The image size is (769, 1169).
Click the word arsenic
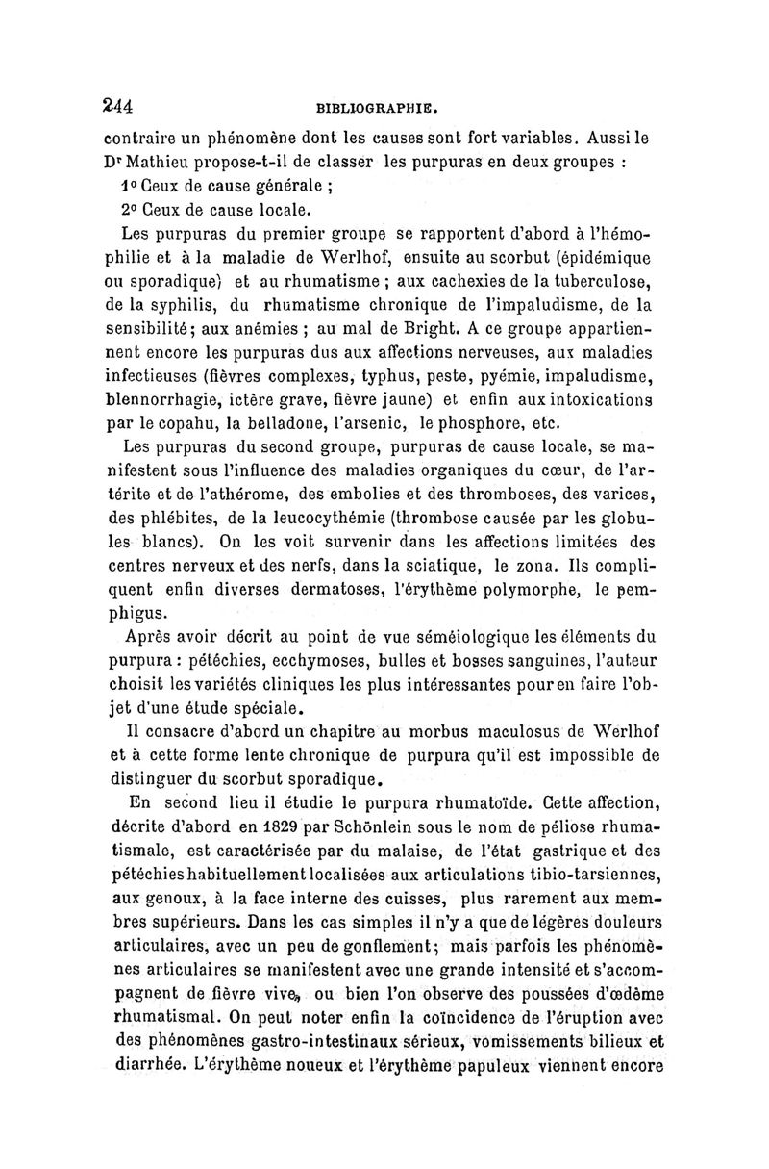tap(377, 433)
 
